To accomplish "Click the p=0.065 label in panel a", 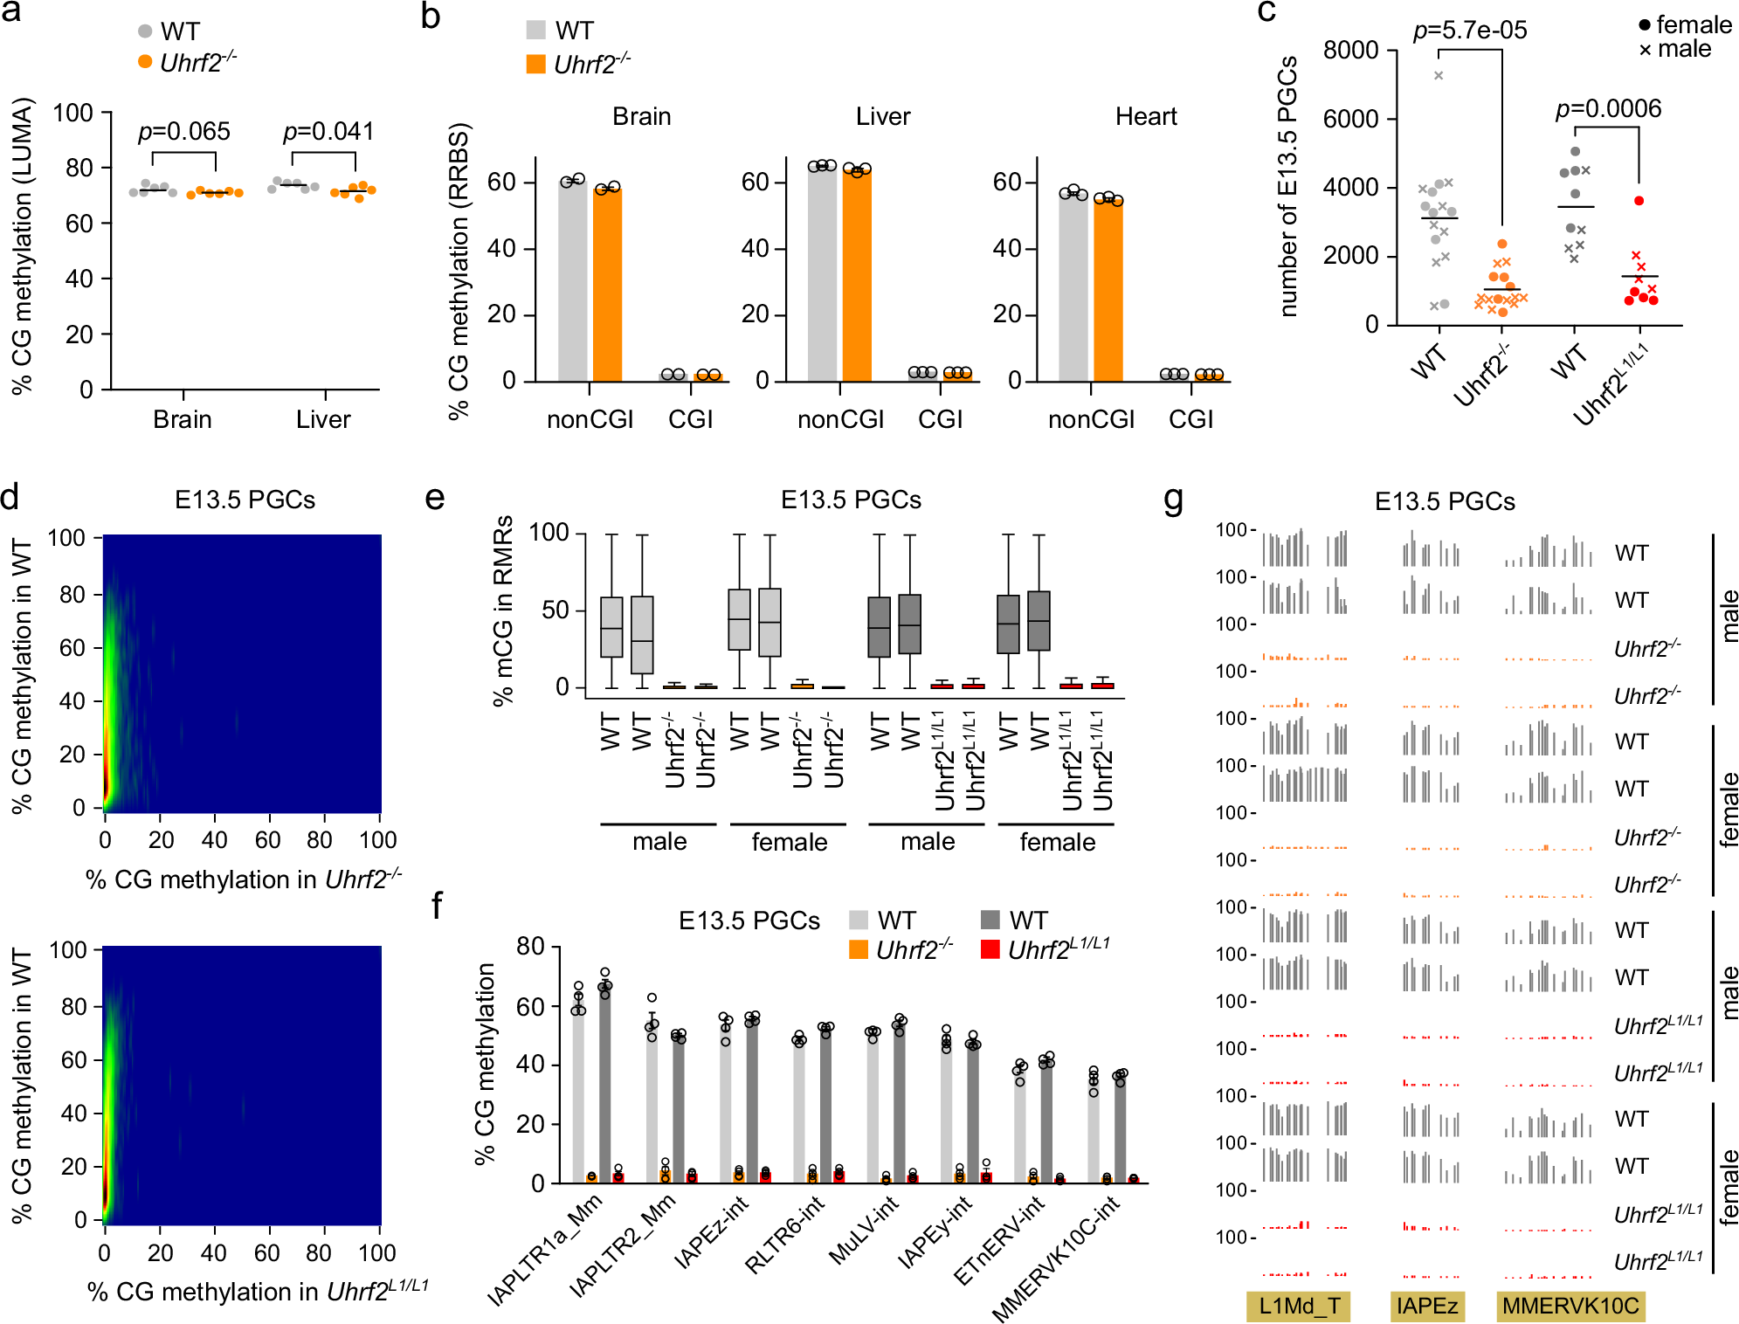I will [184, 132].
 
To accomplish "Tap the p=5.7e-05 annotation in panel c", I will [1470, 31].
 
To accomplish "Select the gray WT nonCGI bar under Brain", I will [573, 279].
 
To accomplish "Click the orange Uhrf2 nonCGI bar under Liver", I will [857, 275].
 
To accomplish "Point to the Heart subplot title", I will [1146, 116].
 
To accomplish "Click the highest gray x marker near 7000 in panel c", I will [1439, 76].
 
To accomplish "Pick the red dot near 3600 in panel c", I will [1639, 201].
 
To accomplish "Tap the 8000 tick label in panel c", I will [1350, 50].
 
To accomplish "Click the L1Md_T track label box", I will [1299, 1307].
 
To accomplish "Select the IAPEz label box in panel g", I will [1427, 1307].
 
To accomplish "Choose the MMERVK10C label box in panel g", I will [1570, 1307].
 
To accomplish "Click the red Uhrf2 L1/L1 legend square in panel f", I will [990, 949].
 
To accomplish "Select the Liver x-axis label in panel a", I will [323, 419].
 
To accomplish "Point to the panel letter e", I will [435, 498].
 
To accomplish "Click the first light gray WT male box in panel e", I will [611, 627].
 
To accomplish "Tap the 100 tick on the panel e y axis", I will [549, 532].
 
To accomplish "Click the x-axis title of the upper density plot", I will [244, 879].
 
